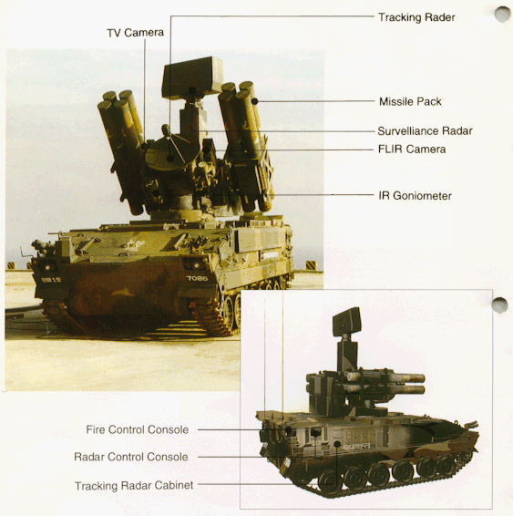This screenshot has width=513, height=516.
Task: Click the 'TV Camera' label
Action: coord(135,33)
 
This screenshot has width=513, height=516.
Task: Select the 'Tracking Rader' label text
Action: coord(416,17)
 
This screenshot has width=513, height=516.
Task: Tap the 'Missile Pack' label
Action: coord(410,102)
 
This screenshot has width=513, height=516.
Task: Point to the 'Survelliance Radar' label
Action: coord(425,131)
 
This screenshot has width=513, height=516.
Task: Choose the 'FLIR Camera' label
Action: coord(412,150)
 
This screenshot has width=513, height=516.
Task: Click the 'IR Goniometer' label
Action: coord(415,196)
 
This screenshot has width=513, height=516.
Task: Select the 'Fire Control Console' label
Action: coord(137,429)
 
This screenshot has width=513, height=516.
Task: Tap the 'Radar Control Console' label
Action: coord(131,457)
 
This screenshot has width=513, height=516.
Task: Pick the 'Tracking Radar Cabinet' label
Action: coord(134,485)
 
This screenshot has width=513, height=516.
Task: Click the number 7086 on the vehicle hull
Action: coord(197,278)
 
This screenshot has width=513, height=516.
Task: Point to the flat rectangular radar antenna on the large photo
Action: coord(192,78)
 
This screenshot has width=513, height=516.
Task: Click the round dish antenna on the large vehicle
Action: coord(168,152)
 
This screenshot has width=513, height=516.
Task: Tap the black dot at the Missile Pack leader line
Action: coord(254,101)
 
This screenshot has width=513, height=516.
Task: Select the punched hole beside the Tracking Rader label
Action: coord(502,15)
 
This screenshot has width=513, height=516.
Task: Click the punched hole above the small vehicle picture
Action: coord(500,305)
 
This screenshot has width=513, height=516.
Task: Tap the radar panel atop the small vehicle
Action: coord(346,321)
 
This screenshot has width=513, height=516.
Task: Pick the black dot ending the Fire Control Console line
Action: coord(288,429)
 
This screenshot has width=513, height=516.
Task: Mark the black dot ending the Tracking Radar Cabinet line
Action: coord(337,444)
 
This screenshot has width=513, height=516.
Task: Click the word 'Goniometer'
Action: coord(422,196)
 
